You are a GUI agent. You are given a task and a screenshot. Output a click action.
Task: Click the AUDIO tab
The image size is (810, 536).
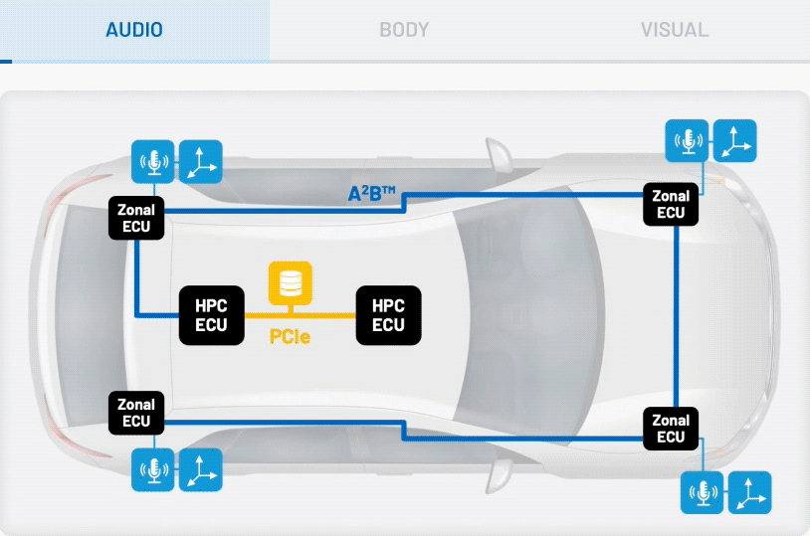tap(134, 30)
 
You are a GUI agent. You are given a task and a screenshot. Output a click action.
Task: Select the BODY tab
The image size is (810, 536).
tap(404, 30)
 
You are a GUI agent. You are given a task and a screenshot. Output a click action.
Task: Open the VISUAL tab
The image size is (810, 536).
tap(674, 30)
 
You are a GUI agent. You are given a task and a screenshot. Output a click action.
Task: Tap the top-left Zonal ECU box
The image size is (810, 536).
tap(136, 218)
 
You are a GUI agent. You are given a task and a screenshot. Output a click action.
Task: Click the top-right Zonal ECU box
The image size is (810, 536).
tap(671, 204)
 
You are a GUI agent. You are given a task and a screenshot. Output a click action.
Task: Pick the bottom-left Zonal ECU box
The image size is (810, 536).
tap(136, 413)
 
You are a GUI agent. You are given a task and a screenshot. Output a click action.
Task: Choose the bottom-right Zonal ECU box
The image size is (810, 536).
tap(671, 429)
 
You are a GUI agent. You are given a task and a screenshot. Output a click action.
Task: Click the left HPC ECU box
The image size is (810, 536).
tap(211, 315)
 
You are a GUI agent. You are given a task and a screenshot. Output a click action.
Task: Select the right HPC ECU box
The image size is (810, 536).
tap(388, 315)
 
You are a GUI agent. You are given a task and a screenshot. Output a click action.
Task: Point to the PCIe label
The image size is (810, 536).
tap(290, 337)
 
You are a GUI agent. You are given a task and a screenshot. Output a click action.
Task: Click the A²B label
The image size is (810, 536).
tap(372, 194)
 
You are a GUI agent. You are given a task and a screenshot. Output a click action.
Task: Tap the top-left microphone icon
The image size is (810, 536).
tap(153, 161)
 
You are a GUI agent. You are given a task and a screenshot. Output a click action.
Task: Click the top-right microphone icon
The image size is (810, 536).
tap(687, 140)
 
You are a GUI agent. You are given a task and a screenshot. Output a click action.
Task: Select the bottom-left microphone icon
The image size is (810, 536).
tap(153, 469)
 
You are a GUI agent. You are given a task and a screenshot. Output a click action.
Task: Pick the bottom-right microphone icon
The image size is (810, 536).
tap(703, 492)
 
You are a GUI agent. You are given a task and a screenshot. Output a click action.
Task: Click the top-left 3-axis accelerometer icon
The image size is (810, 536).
tap(201, 161)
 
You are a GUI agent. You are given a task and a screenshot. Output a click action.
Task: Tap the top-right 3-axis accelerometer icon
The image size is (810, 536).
tap(735, 140)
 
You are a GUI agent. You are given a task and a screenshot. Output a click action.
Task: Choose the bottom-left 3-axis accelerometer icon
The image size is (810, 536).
tap(201, 469)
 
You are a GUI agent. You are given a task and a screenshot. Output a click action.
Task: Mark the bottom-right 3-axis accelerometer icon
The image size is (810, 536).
tap(750, 492)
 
